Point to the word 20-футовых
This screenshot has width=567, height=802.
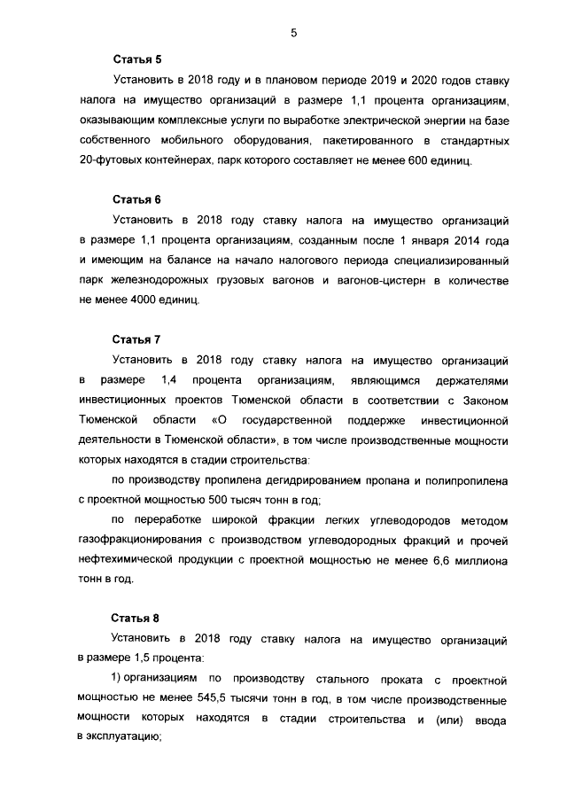(111, 162)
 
